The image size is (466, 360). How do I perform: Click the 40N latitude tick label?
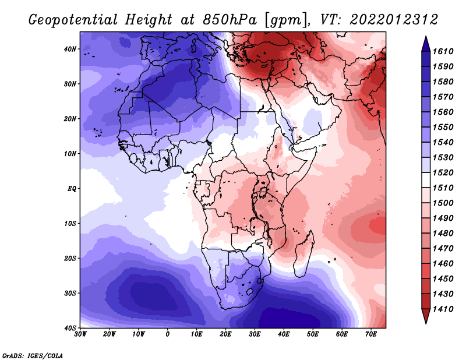pyautogui.click(x=70, y=49)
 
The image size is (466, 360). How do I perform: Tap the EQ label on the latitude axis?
pyautogui.click(x=72, y=189)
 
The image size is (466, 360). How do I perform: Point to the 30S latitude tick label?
pyautogui.click(x=70, y=293)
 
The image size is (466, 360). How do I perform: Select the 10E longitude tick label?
pyautogui.click(x=196, y=334)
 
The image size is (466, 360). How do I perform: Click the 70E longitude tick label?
pyautogui.click(x=371, y=334)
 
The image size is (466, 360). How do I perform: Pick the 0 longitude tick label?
pyautogui.click(x=168, y=334)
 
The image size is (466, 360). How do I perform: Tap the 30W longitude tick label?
pyautogui.click(x=80, y=334)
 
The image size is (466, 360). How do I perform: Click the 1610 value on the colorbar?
pyautogui.click(x=443, y=51)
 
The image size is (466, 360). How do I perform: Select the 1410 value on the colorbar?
pyautogui.click(x=443, y=309)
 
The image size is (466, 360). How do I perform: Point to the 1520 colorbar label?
pyautogui.click(x=443, y=172)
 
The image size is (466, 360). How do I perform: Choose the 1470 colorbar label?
pyautogui.click(x=443, y=248)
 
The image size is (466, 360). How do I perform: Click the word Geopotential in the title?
pyautogui.click(x=73, y=20)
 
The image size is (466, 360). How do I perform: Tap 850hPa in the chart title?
pyautogui.click(x=230, y=20)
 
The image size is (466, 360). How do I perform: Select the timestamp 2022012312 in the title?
pyautogui.click(x=394, y=20)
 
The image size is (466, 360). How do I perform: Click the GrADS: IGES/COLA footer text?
pyautogui.click(x=33, y=355)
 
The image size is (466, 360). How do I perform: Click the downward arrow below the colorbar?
pyautogui.click(x=426, y=316)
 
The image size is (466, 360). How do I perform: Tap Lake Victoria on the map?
pyautogui.click(x=263, y=192)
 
